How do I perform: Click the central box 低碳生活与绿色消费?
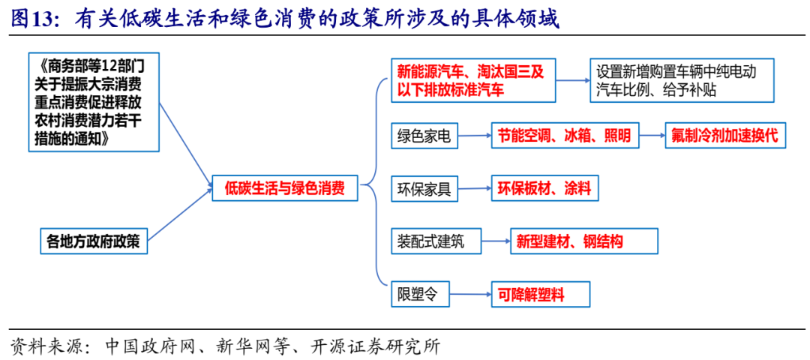(285, 188)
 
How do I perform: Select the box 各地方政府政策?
(94, 241)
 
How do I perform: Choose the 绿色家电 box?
(424, 136)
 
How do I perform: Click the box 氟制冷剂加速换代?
(725, 136)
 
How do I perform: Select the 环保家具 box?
(424, 189)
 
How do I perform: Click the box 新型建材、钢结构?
(583, 241)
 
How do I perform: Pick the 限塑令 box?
(416, 295)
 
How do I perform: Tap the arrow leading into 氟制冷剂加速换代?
(652, 136)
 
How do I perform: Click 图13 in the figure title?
(34, 19)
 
